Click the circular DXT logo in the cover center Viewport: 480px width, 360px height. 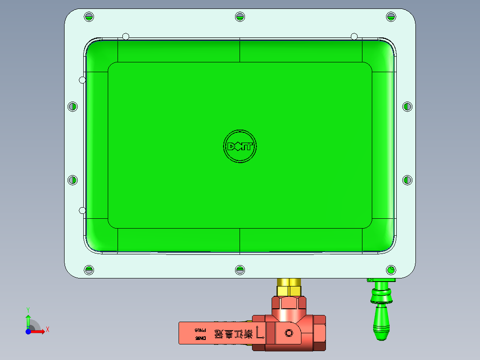coord(240,146)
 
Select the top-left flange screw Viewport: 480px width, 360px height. coord(89,17)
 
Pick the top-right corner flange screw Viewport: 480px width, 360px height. coord(391,17)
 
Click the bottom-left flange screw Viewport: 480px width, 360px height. coord(89,270)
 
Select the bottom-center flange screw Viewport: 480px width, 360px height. coord(240,270)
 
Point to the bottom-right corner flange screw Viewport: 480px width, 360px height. coord(391,270)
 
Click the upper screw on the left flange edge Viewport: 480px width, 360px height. coord(73,107)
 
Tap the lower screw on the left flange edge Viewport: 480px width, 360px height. coord(73,180)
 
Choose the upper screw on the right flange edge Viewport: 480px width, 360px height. coord(407,106)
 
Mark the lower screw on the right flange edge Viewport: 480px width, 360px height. coord(407,180)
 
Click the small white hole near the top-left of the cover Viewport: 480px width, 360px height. coord(126,36)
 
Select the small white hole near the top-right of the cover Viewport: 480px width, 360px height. coord(354,36)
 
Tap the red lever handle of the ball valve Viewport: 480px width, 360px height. coord(214,333)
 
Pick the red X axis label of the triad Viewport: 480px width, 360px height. coord(48,330)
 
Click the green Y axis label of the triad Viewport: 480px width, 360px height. coord(28,309)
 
